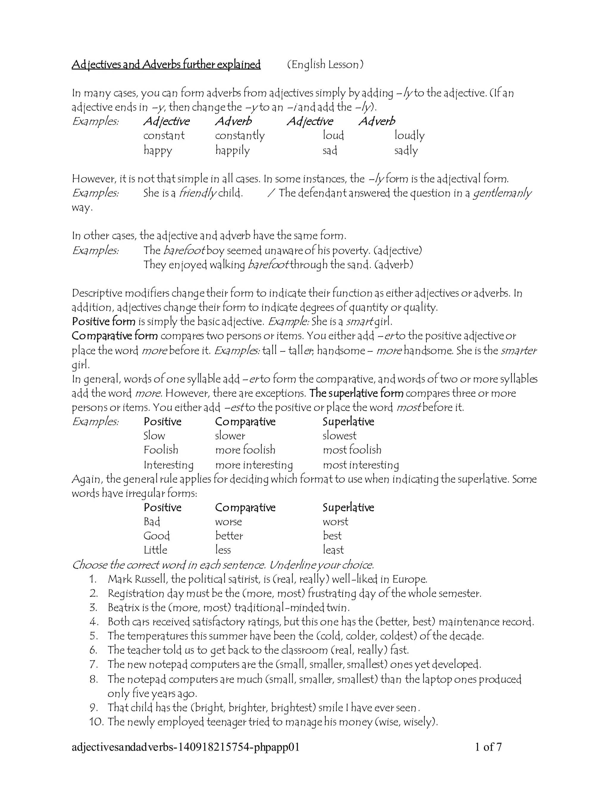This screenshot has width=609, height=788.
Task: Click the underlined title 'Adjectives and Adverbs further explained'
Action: (x=166, y=65)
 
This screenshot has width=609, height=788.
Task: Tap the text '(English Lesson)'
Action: (x=325, y=65)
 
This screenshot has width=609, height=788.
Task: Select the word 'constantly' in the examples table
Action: (x=240, y=136)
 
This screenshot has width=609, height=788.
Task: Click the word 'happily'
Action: (x=232, y=150)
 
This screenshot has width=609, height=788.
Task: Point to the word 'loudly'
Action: (x=409, y=136)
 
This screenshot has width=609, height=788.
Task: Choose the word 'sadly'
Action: (x=406, y=150)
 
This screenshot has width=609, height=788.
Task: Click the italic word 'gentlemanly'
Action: (x=502, y=193)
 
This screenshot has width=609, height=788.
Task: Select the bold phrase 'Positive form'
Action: (x=103, y=321)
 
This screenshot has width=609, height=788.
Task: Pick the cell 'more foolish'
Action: (x=245, y=450)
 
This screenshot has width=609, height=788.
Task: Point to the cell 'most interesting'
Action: (x=361, y=465)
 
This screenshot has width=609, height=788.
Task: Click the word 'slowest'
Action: (x=339, y=436)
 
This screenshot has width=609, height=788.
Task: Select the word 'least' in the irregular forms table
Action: (x=333, y=550)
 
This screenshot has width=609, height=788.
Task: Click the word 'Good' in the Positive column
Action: (x=157, y=536)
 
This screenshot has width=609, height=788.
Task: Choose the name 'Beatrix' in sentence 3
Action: (x=123, y=608)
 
